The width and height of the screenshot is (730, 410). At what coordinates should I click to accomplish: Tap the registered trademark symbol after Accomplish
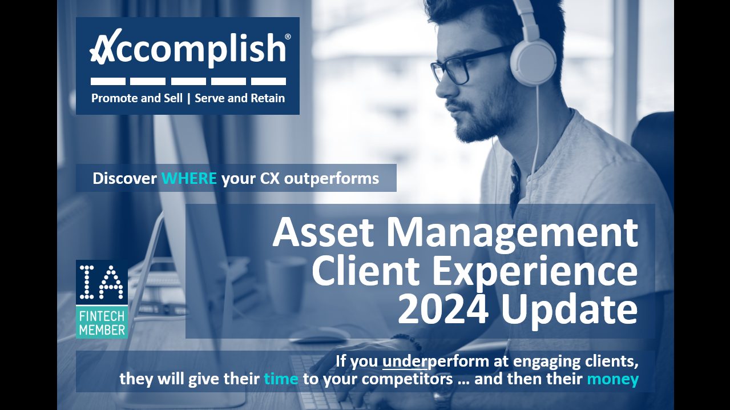coord(288,37)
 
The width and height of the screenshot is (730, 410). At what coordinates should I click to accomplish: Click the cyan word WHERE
coord(189,179)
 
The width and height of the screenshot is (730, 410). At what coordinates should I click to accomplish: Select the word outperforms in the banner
coord(331,179)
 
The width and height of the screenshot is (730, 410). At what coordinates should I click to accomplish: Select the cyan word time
coord(281,379)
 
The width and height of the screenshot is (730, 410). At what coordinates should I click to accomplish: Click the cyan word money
coord(612,379)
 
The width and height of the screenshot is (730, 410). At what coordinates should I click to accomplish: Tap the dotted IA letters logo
coord(102,282)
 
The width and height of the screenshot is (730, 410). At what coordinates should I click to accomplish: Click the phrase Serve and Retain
coord(240,98)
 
